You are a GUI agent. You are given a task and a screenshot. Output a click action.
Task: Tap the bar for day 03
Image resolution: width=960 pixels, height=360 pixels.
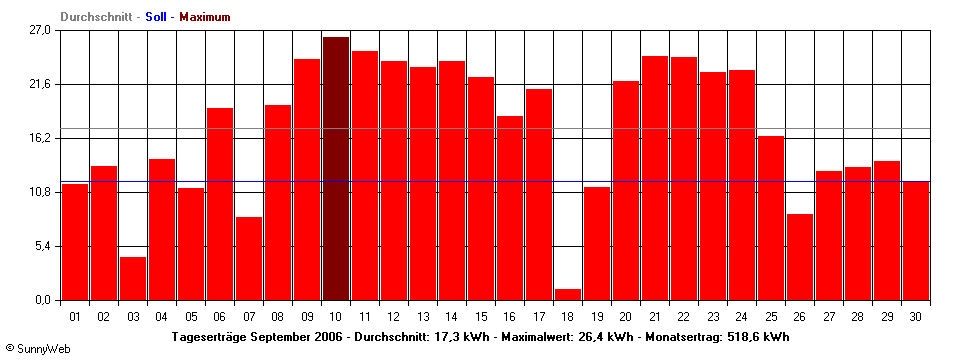(x=133, y=278)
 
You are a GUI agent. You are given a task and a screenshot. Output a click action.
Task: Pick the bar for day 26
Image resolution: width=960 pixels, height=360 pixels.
(x=800, y=257)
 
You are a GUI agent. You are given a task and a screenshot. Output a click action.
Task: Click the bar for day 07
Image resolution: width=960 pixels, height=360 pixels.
(x=249, y=258)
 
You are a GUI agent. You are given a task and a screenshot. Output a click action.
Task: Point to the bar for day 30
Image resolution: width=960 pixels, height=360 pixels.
(x=916, y=240)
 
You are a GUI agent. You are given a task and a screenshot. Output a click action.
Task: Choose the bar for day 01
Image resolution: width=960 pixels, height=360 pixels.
(x=75, y=242)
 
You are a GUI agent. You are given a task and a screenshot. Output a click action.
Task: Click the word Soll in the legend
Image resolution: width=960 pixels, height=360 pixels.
(x=156, y=17)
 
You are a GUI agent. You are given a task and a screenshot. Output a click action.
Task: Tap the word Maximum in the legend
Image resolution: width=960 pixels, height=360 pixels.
(x=205, y=17)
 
